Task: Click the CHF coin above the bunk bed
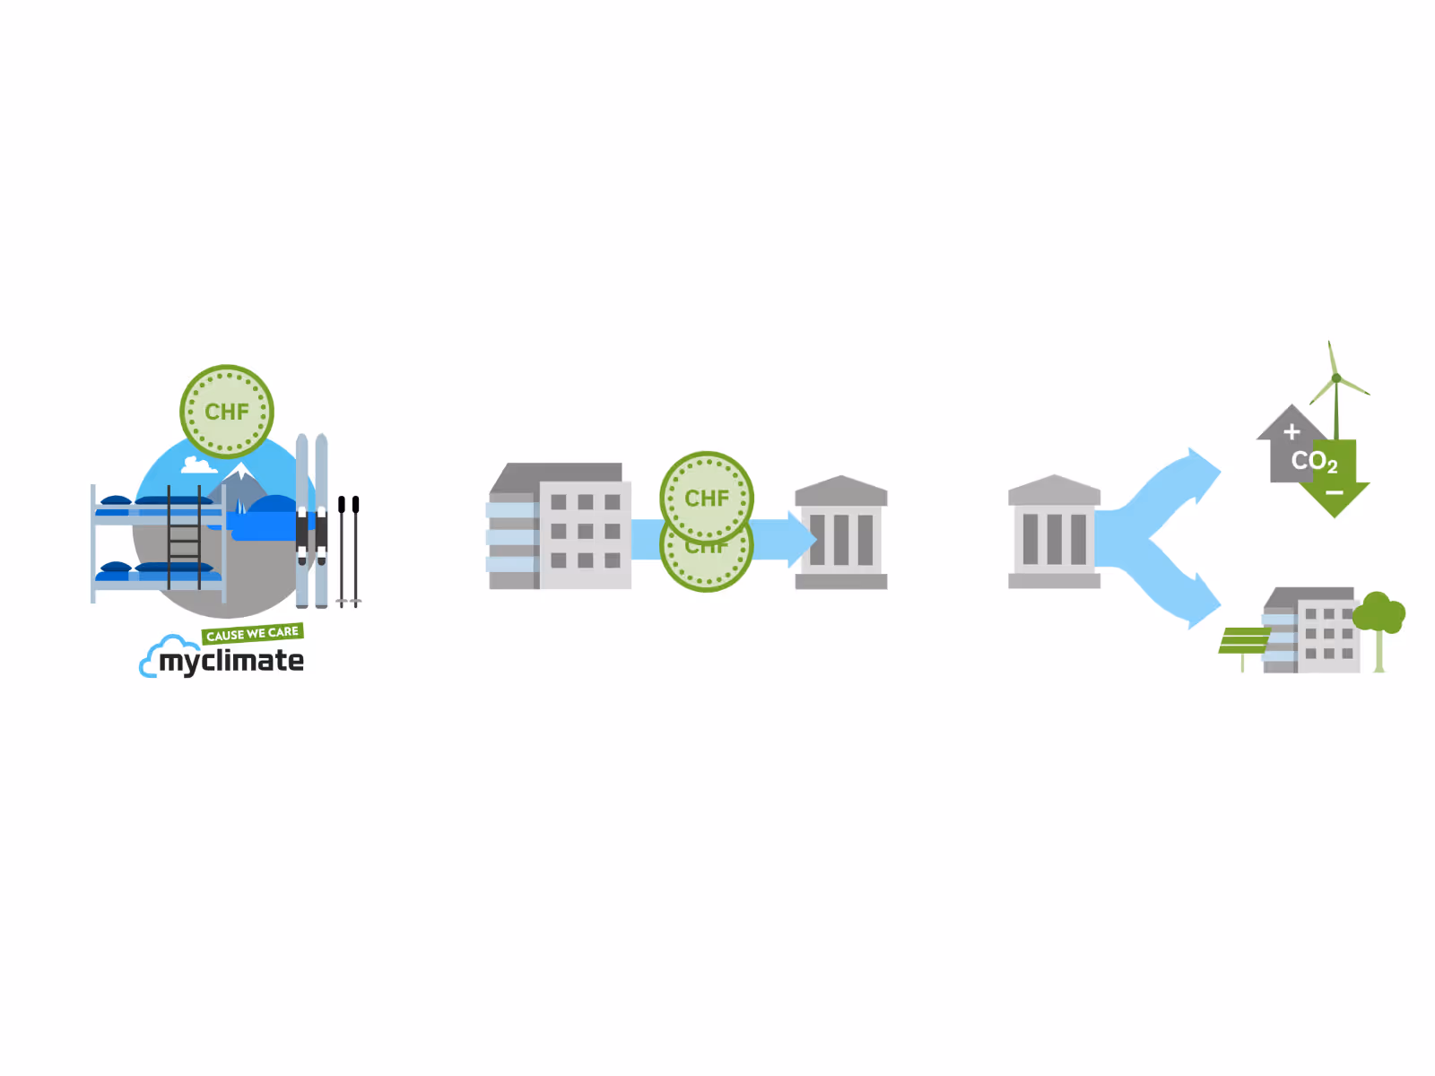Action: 226,411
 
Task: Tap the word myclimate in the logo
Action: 231,661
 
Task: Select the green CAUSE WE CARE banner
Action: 252,633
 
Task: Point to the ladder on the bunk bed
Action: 184,537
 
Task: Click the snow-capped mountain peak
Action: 241,471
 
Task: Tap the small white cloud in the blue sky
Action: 198,465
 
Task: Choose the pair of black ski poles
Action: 349,551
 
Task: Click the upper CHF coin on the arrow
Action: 706,497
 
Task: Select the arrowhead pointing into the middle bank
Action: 803,540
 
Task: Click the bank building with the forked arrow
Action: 1054,531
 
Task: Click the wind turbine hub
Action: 1336,377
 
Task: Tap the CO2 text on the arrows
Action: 1315,461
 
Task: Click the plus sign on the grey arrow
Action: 1291,431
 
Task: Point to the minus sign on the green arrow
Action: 1335,492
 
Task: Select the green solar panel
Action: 1243,641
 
